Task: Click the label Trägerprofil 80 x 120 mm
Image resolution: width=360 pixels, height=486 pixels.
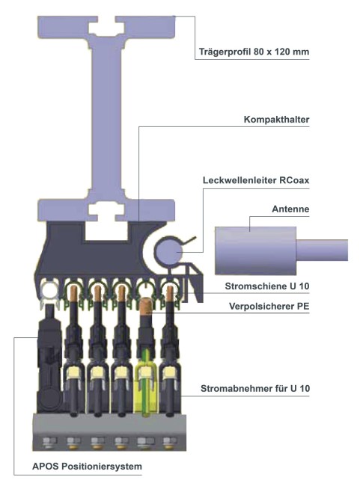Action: click(254, 52)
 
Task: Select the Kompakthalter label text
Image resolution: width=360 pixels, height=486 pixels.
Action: click(276, 120)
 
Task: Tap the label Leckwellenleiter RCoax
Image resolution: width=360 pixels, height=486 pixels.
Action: click(256, 180)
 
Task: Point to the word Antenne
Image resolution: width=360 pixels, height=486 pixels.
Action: click(290, 209)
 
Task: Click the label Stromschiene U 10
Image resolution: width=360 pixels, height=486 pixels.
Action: click(267, 286)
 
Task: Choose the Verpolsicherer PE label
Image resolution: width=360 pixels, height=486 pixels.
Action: click(269, 307)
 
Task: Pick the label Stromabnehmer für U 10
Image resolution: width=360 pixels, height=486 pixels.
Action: click(255, 388)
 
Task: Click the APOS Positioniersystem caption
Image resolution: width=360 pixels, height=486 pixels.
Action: click(88, 466)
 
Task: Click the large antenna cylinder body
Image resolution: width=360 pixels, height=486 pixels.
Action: click(255, 250)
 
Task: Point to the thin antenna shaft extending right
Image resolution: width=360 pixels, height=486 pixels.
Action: click(322, 250)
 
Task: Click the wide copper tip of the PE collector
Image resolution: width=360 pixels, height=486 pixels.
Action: click(145, 307)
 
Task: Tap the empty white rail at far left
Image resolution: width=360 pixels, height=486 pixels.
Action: click(49, 291)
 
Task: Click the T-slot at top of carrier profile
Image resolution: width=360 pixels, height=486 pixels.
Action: click(106, 28)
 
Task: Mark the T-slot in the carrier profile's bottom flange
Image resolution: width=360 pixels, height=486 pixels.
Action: click(106, 211)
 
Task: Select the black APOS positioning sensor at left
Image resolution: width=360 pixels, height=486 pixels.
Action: click(49, 363)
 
